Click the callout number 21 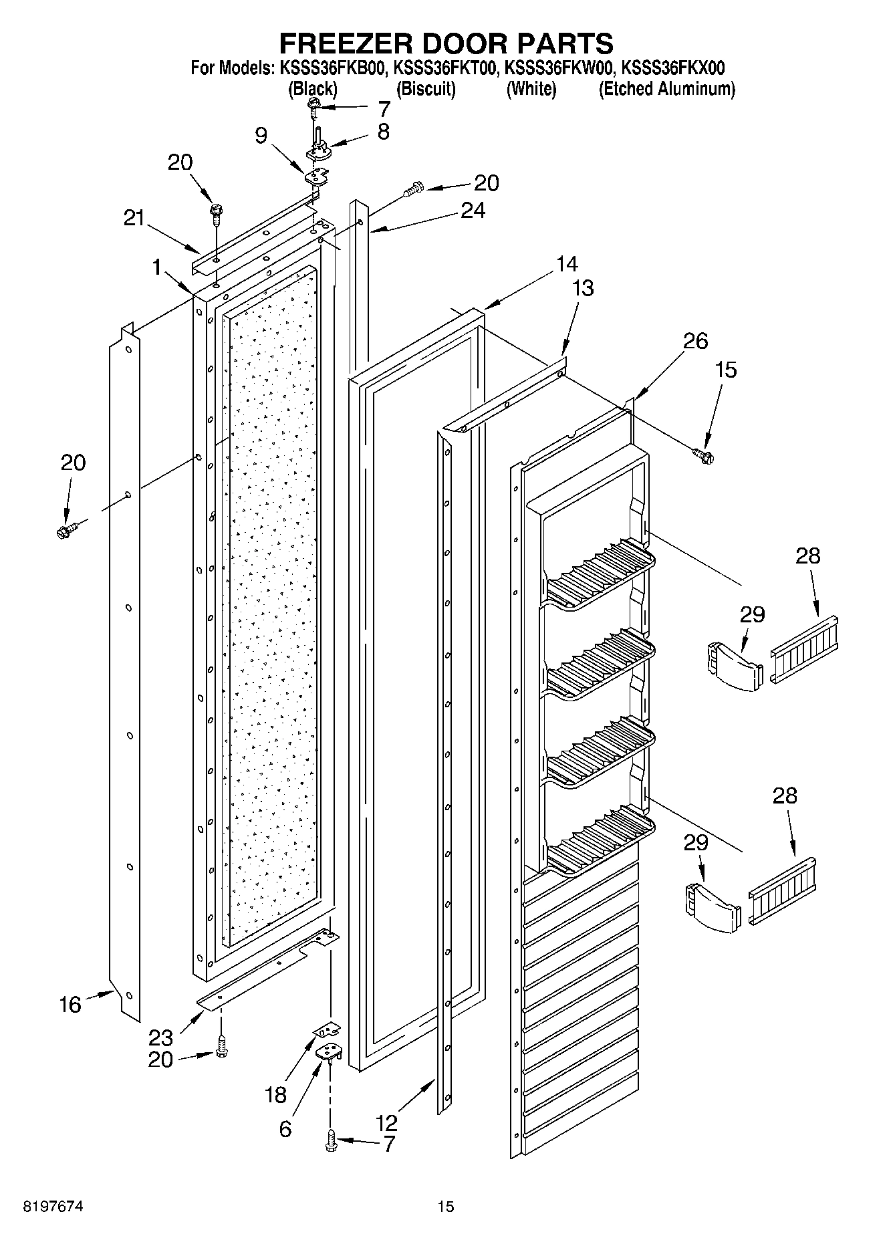pos(134,218)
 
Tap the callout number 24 pos(473,210)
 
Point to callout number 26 pos(695,341)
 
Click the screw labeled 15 pos(703,455)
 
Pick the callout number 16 pos(70,1004)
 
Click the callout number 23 pos(160,1037)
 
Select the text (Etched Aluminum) pos(666,89)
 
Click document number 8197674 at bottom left pos(54,1207)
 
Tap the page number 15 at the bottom pos(445,1207)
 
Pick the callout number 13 pos(582,288)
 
